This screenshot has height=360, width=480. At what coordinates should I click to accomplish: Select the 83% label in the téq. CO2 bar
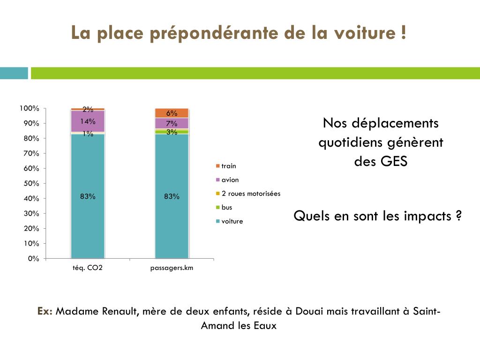click(x=88, y=196)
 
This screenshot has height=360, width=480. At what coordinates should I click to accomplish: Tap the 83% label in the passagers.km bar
click(x=172, y=196)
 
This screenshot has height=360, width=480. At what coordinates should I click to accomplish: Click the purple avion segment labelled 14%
click(x=88, y=122)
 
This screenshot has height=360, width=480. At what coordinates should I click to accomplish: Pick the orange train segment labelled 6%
click(x=172, y=113)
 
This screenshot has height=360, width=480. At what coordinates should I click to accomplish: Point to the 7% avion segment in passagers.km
click(x=172, y=123)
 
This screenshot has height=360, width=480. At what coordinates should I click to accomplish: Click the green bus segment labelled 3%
click(x=172, y=132)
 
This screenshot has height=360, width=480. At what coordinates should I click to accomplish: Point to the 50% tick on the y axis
click(x=29, y=183)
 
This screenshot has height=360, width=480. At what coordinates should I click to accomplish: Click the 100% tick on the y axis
click(x=29, y=108)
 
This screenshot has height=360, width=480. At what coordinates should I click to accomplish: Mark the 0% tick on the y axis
click(x=33, y=258)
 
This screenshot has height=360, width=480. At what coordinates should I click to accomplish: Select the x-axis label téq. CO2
click(x=87, y=268)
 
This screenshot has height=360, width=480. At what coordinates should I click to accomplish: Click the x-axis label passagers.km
click(x=172, y=268)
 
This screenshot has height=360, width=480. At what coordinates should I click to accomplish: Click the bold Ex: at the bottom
click(x=45, y=312)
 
